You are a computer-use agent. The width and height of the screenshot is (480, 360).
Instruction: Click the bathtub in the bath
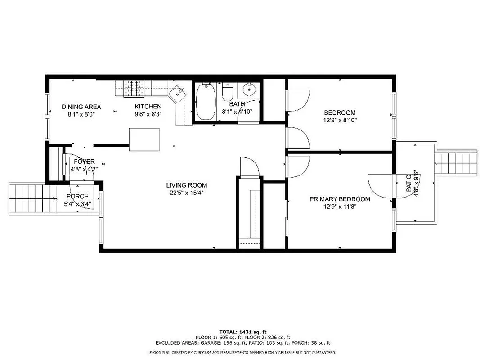pos(206,102)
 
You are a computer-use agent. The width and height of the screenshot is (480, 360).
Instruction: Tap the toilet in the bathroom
pos(227,93)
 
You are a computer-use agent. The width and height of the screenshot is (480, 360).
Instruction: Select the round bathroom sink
pos(249,90)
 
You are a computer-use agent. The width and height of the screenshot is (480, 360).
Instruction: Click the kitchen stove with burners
pos(132,87)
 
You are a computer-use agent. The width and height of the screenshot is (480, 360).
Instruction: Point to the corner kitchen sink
pos(177,93)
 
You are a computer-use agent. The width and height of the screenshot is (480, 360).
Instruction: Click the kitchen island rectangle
pos(144,140)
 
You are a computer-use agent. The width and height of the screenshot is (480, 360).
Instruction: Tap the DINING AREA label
pos(81,107)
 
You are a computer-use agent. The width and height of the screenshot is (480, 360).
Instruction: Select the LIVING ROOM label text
pos(187,185)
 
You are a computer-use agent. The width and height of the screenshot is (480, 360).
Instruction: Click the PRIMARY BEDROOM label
pos(340,199)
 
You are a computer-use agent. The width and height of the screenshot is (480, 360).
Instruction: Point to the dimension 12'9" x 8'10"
pos(340,120)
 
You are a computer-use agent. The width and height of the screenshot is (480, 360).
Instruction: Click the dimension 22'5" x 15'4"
pos(187,193)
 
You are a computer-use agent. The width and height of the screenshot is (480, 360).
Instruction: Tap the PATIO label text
pos(409,184)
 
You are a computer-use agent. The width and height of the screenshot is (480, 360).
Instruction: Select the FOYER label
pos(84,162)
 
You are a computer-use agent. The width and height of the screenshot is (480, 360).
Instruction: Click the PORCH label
pos(77,197)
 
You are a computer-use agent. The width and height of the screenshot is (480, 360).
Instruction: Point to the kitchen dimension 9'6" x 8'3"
pos(148,114)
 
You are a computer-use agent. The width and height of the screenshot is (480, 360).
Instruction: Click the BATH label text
pos(237,104)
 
